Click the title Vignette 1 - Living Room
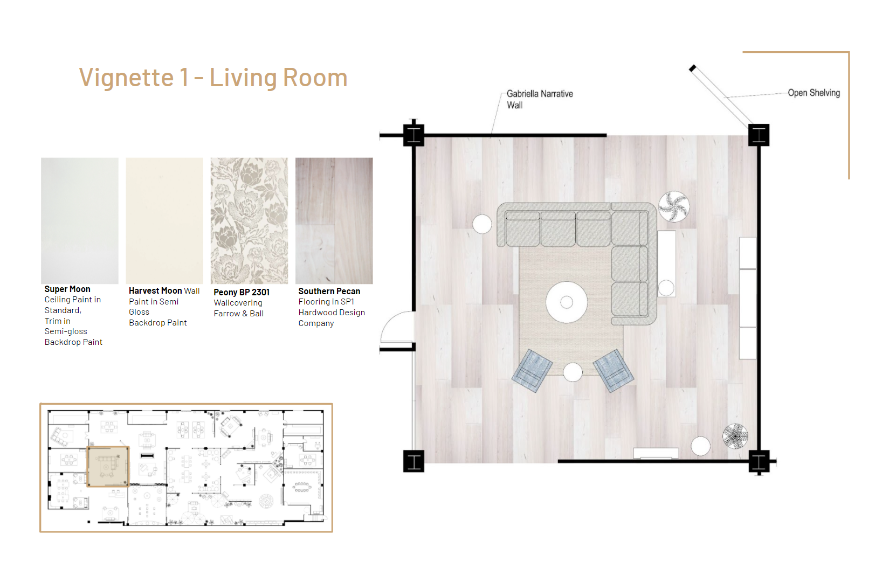pos(213,78)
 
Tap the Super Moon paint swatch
pos(79,220)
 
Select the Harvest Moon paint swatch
pos(164,220)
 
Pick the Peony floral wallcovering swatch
pos(249,220)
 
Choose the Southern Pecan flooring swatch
pos(334,220)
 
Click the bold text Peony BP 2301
pos(242,293)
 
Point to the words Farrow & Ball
pos(238,314)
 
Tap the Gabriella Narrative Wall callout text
pos(540,99)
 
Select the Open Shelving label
pos(814,93)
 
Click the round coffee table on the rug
pos(567,302)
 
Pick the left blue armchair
pos(532,371)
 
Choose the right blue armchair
pos(613,371)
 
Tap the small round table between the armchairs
pos(573,372)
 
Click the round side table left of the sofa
pos(482,224)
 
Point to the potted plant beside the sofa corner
pos(674,207)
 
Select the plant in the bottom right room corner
pos(735,436)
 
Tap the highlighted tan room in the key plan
pos(108,467)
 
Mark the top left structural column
pos(414,135)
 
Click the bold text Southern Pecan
pos(329,291)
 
